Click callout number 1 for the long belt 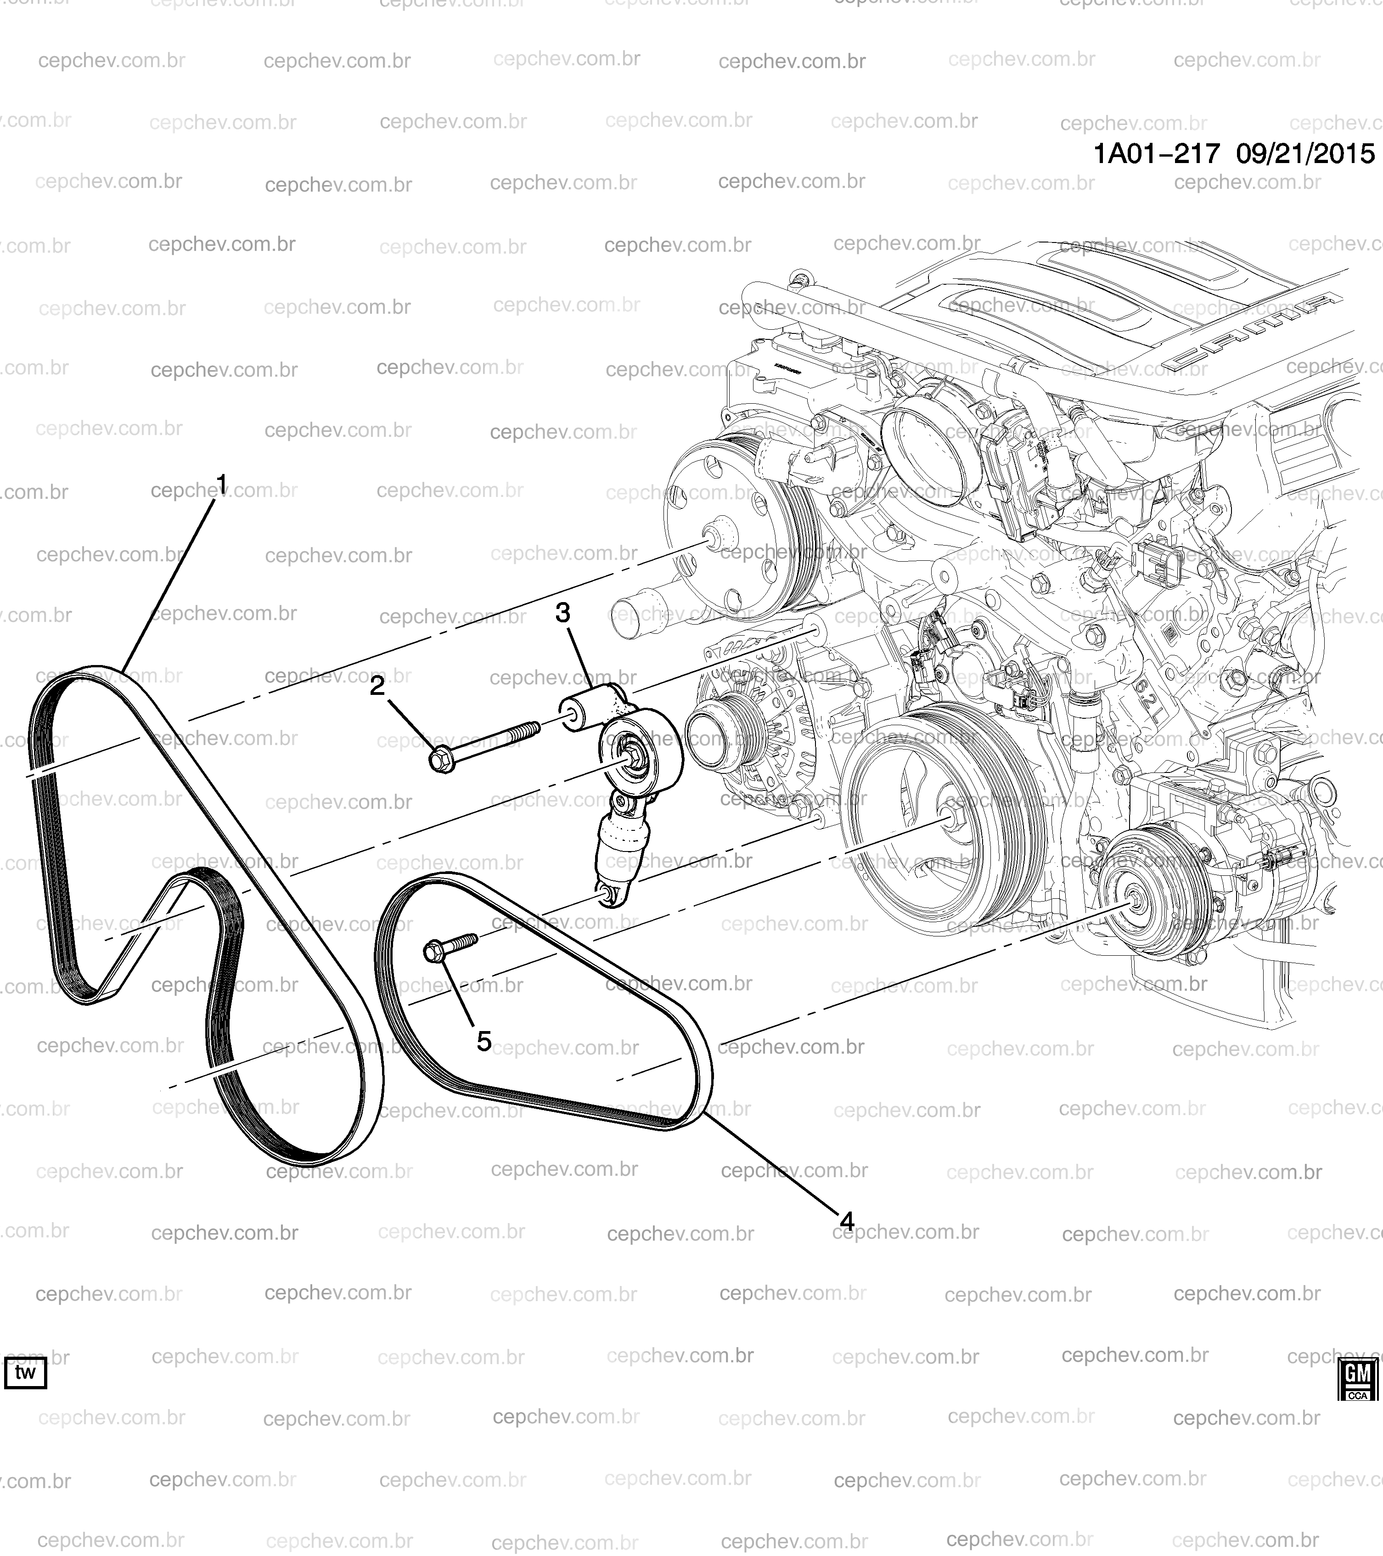click(x=221, y=484)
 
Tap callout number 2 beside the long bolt click(x=377, y=686)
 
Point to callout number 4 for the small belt click(x=847, y=1222)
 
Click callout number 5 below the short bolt click(x=484, y=1042)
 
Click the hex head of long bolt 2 click(x=441, y=760)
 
